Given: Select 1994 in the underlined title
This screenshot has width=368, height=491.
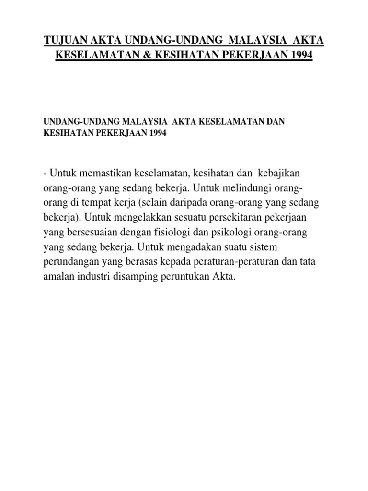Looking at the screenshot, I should click(300, 56).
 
